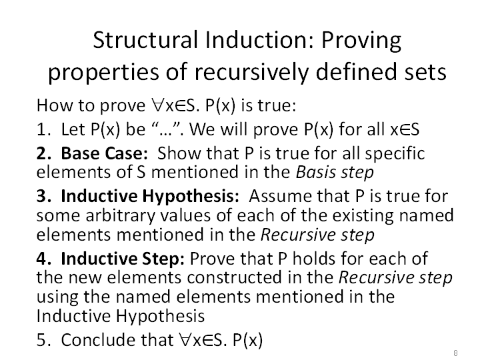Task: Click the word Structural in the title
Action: (145, 40)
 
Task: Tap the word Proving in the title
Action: (361, 41)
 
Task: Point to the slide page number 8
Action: (455, 353)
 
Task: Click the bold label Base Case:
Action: (105, 153)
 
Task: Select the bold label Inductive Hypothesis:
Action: (150, 196)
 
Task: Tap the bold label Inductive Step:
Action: (123, 259)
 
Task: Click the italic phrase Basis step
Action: (335, 172)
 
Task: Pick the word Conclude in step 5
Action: (99, 340)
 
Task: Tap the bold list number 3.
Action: (43, 196)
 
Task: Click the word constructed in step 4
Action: (234, 277)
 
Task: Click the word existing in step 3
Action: (363, 216)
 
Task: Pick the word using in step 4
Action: (57, 297)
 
